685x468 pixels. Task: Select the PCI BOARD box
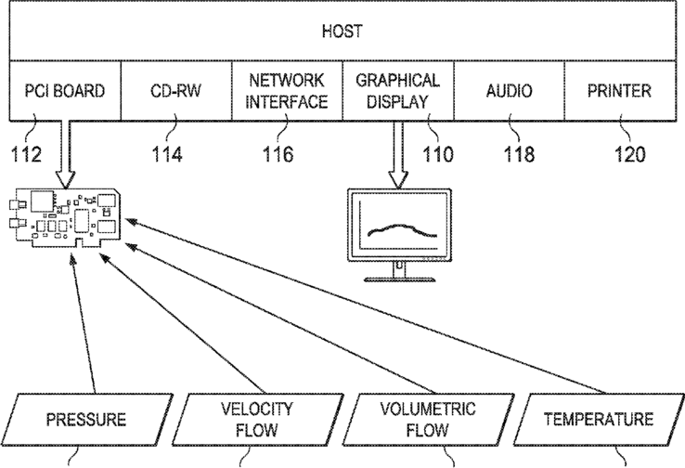(x=65, y=91)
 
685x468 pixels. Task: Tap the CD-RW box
(x=176, y=91)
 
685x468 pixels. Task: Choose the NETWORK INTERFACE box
(x=287, y=91)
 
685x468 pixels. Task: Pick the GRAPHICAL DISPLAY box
(x=397, y=91)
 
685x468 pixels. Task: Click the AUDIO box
(x=509, y=91)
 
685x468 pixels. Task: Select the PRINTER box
(x=619, y=91)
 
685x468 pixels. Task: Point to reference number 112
(x=25, y=153)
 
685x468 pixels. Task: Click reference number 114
(x=174, y=153)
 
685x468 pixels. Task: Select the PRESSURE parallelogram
(x=85, y=420)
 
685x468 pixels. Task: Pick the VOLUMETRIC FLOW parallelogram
(x=428, y=419)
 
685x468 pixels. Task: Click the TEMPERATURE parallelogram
(x=598, y=419)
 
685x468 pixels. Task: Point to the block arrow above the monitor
(x=398, y=153)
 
